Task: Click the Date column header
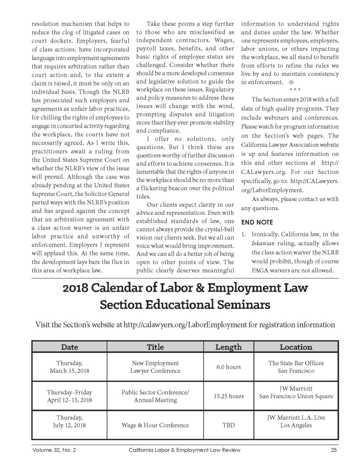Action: click(69, 347)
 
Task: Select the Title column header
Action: click(155, 347)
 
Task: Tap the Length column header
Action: click(228, 347)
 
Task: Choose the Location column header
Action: click(296, 347)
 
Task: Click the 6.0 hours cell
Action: click(228, 367)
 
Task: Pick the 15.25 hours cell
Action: click(229, 396)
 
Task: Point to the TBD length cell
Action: click(228, 425)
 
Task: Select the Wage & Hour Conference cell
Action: click(155, 425)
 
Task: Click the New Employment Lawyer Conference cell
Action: click(155, 367)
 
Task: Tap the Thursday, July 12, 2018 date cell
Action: click(69, 421)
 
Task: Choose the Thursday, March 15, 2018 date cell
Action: click(69, 367)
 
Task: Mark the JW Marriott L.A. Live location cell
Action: click(296, 421)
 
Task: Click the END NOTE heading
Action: click(257, 222)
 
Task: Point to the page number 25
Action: click(333, 450)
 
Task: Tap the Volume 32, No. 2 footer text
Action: click(54, 450)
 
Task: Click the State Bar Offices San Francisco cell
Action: click(296, 367)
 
